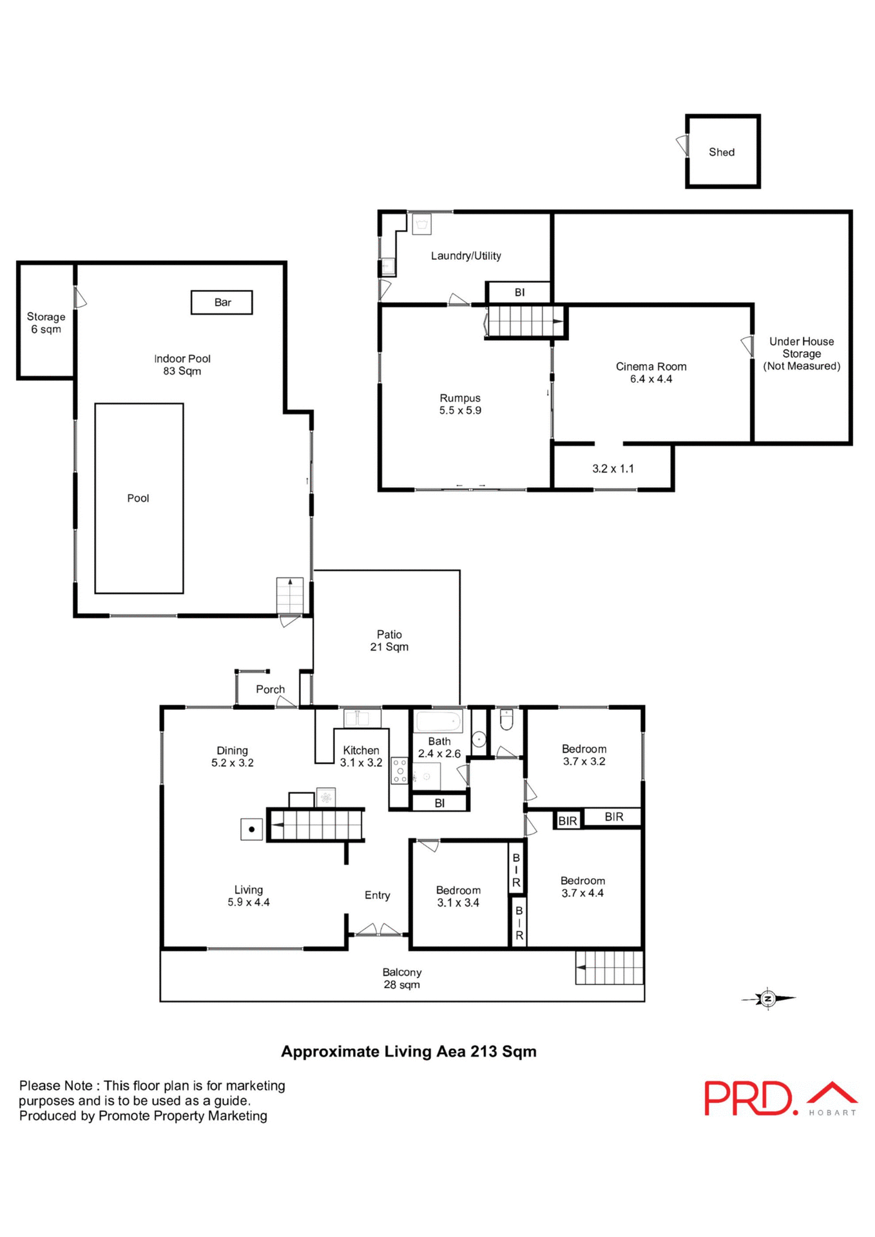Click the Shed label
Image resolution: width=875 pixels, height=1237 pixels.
[x=721, y=152]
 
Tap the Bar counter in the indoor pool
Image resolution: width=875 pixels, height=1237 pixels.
[x=222, y=302]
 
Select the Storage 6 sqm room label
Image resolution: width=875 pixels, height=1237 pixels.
[x=46, y=323]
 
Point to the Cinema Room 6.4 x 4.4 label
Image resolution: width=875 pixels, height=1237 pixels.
[x=651, y=372]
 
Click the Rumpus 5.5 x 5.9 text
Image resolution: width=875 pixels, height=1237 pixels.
[x=460, y=404]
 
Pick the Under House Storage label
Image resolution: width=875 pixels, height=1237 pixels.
[x=801, y=354]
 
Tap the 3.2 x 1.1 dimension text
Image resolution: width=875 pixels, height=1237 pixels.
[x=613, y=468]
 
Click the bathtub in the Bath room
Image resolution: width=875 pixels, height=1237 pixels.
[x=439, y=721]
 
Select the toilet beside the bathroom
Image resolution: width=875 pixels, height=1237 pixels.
[x=506, y=720]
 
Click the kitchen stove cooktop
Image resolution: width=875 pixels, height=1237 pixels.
[x=399, y=771]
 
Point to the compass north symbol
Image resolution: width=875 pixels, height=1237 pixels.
[x=767, y=999]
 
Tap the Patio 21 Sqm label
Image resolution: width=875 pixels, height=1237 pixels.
[x=389, y=640]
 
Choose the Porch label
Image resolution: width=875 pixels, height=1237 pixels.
[x=270, y=689]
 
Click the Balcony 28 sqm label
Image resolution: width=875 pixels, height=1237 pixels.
[x=401, y=978]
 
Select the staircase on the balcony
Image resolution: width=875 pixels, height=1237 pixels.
[x=610, y=968]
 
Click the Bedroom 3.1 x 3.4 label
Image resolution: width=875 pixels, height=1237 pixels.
[x=458, y=896]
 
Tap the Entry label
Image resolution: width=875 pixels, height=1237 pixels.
[x=377, y=895]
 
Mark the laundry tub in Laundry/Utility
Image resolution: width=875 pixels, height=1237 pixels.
[x=422, y=224]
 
